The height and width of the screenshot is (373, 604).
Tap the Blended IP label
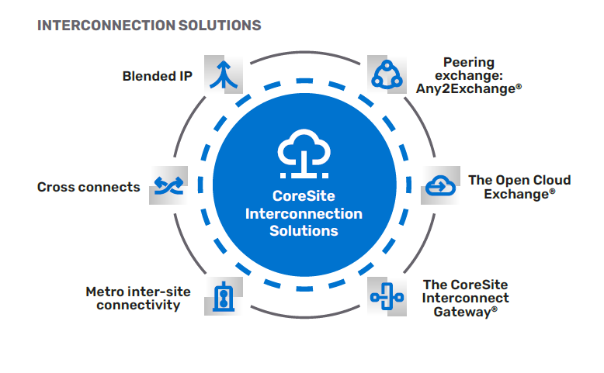(x=158, y=76)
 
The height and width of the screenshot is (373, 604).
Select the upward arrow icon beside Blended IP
(x=224, y=74)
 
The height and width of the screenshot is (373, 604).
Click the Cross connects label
(x=89, y=187)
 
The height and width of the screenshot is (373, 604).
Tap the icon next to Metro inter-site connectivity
(x=224, y=297)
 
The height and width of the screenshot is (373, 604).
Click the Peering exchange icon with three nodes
(x=387, y=74)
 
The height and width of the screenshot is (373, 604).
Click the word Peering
(x=469, y=62)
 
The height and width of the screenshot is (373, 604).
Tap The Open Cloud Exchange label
(x=519, y=187)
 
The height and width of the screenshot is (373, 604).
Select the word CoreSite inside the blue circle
(x=304, y=196)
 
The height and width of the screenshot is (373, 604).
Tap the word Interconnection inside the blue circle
(x=304, y=213)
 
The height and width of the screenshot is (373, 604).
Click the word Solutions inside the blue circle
(x=304, y=230)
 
